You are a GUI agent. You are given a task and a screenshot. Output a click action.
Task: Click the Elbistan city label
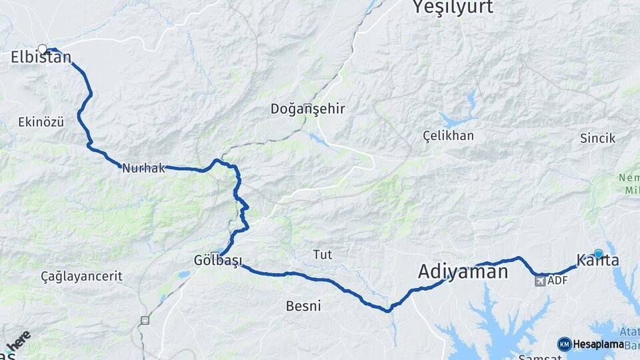[41, 59]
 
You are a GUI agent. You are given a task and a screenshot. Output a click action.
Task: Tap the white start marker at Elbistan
[43, 49]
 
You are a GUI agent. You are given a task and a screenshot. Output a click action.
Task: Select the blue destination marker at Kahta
[598, 253]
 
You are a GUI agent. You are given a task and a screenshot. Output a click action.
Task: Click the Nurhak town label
[143, 169]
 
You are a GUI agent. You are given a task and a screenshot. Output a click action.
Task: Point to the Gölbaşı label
[217, 260]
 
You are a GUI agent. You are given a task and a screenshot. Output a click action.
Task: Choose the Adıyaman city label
[463, 271]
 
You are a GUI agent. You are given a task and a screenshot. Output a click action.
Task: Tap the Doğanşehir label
[307, 109]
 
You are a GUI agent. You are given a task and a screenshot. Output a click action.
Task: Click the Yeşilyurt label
[453, 8]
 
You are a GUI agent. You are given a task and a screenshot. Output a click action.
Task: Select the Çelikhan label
[449, 136]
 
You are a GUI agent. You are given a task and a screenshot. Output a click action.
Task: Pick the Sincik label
[597, 139]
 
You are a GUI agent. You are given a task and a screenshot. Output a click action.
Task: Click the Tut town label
[323, 255]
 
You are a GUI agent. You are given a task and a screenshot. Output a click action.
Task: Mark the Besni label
[303, 307]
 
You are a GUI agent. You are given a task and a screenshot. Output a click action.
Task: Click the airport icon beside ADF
[539, 281]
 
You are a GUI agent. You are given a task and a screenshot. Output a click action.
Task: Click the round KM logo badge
[564, 344]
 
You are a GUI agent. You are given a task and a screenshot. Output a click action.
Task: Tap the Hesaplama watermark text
[598, 345]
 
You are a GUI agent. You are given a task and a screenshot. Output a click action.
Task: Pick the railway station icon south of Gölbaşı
[144, 321]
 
